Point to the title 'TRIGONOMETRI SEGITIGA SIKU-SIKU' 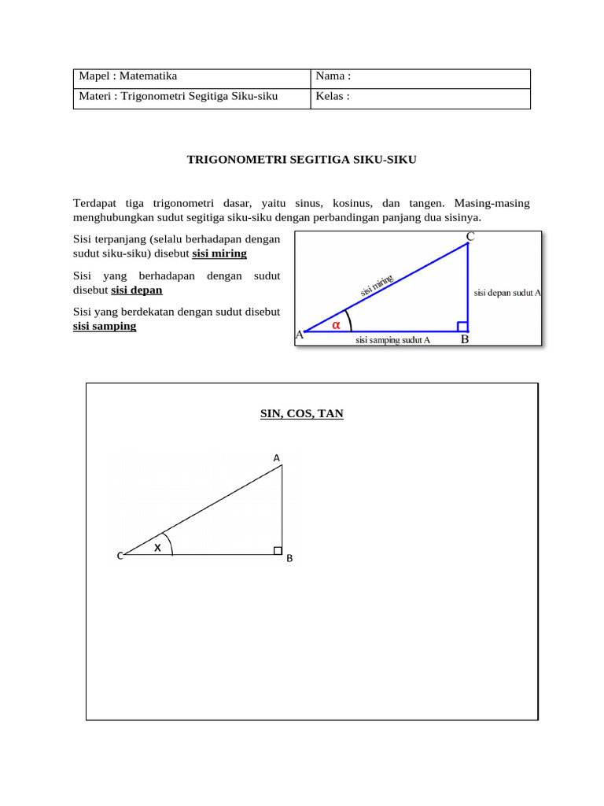[x=301, y=160]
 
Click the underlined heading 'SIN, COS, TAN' [x=302, y=413]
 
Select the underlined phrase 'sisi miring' [x=219, y=253]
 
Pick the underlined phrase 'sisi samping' [x=105, y=326]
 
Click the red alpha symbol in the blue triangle [x=336, y=324]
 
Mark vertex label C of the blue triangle [x=470, y=237]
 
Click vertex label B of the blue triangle [x=465, y=340]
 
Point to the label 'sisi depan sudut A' [x=507, y=293]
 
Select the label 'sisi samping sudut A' [x=392, y=341]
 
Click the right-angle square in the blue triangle [x=462, y=327]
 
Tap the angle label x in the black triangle [x=157, y=546]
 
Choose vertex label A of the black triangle [x=276, y=457]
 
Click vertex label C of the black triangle [x=120, y=556]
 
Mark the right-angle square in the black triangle [x=278, y=550]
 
